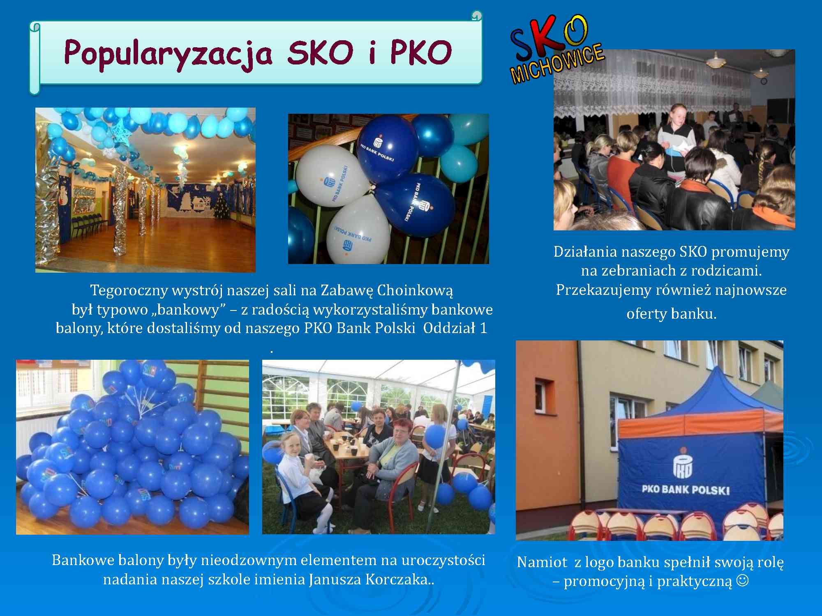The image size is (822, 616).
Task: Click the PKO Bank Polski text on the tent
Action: click(x=686, y=490)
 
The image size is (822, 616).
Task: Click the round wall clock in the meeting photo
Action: click(x=764, y=81)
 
